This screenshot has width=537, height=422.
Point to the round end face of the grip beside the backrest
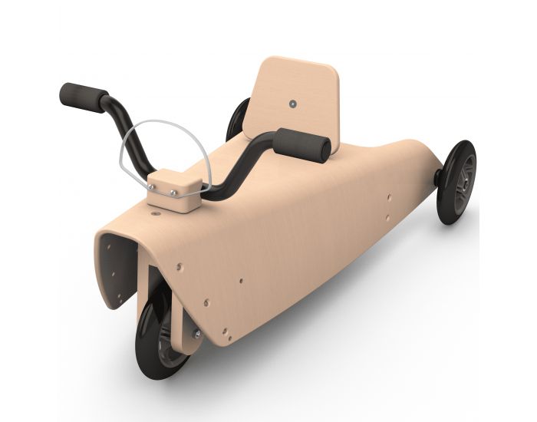click(x=325, y=149)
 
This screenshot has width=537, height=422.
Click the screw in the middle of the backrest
click(x=292, y=102)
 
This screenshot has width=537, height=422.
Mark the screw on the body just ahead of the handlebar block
click(x=156, y=216)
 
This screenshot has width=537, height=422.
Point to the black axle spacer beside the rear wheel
click(x=438, y=176)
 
